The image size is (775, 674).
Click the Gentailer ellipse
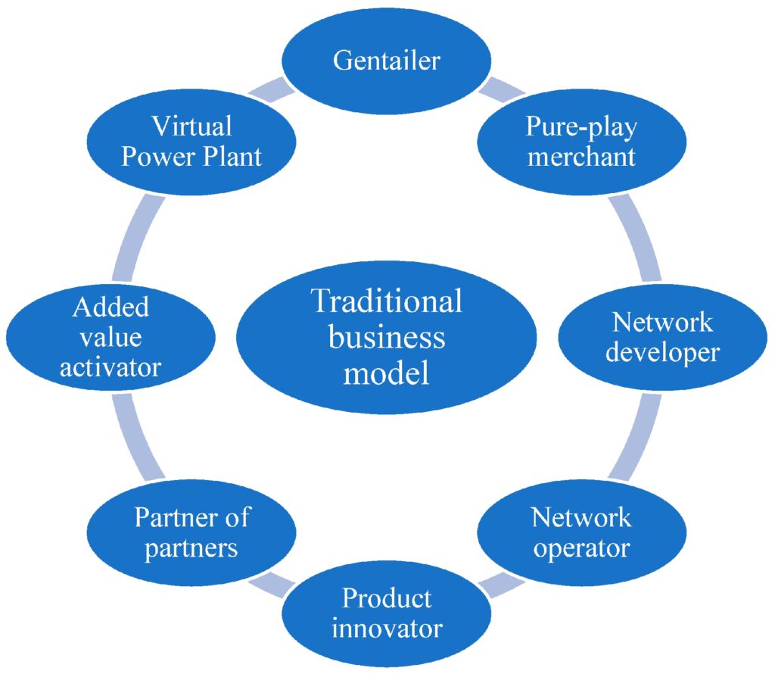click(x=386, y=61)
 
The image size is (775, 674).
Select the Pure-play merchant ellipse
click(x=581, y=142)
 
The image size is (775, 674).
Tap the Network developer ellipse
click(x=663, y=337)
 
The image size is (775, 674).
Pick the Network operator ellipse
click(x=581, y=532)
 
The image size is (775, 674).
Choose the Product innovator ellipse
click(x=386, y=613)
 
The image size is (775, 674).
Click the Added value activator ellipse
click(x=110, y=337)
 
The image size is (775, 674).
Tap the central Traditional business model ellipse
click(x=386, y=337)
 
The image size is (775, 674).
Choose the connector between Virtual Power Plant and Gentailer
click(x=272, y=89)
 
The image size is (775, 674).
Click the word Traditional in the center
click(x=386, y=301)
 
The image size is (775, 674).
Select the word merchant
click(x=581, y=157)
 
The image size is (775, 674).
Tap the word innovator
click(x=386, y=629)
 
